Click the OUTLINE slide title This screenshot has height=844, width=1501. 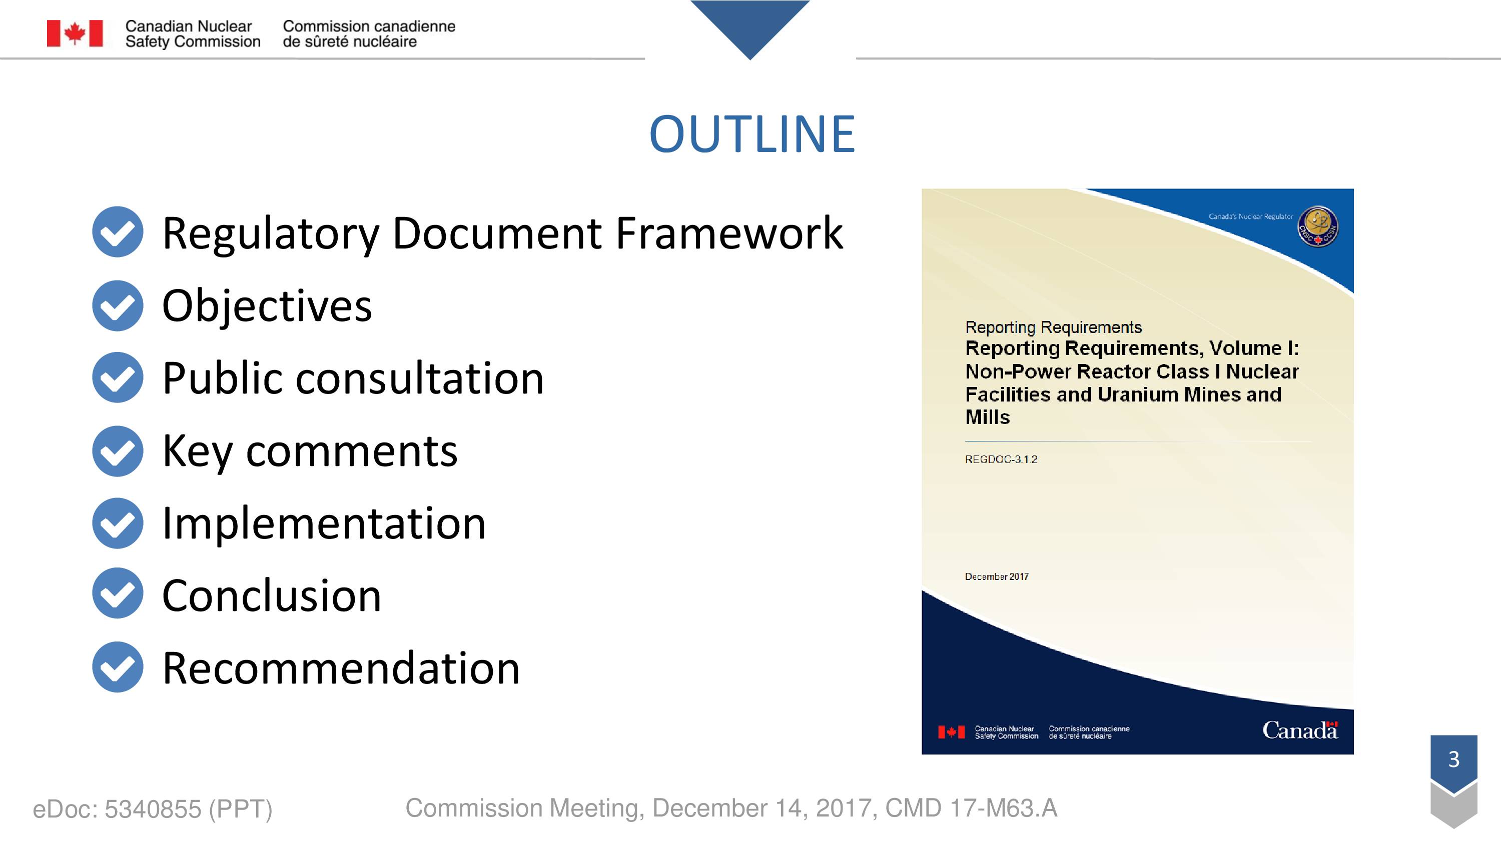tap(752, 134)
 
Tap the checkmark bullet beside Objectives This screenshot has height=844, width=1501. tap(118, 306)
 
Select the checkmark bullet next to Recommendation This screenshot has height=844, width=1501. tap(118, 667)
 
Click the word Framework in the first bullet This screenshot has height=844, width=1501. tap(729, 233)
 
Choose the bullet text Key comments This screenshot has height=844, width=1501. tap(310, 452)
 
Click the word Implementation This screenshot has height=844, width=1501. tap(324, 524)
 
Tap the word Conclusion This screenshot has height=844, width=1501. tap(272, 595)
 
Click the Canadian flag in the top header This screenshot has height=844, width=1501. tap(75, 33)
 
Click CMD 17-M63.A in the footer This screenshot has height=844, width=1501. tap(971, 808)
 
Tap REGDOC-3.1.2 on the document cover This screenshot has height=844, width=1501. tap(1001, 459)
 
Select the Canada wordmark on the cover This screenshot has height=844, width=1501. tap(1300, 730)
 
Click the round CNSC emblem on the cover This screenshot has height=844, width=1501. tap(1318, 226)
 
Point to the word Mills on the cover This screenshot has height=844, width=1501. tap(987, 417)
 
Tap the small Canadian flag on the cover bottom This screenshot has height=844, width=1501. tap(951, 732)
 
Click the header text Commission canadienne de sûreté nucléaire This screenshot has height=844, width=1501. tap(369, 34)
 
